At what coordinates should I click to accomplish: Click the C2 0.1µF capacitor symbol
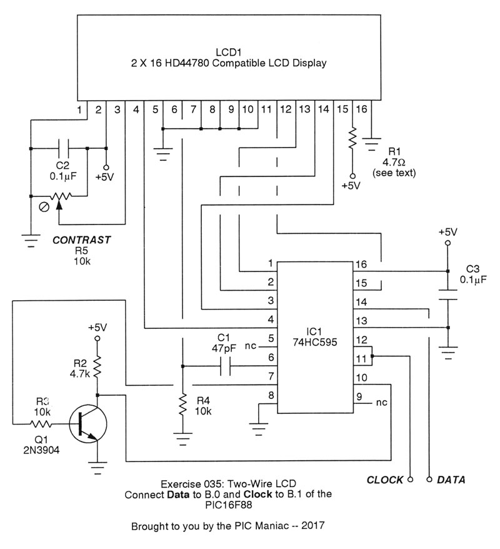pyautogui.click(x=62, y=148)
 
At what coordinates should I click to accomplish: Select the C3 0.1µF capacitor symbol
pyautogui.click(x=447, y=295)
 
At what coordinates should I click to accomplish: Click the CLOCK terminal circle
pyautogui.click(x=410, y=480)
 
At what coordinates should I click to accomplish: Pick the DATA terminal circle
pyautogui.click(x=429, y=480)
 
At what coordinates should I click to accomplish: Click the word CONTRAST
pyautogui.click(x=81, y=239)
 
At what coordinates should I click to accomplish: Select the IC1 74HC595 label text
pyautogui.click(x=314, y=338)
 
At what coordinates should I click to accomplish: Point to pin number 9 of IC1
pyautogui.click(x=359, y=395)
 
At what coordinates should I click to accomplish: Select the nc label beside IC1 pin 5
pyautogui.click(x=250, y=345)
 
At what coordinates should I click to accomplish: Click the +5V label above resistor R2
pyautogui.click(x=97, y=327)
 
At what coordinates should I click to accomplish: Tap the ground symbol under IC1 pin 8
pyautogui.click(x=257, y=428)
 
